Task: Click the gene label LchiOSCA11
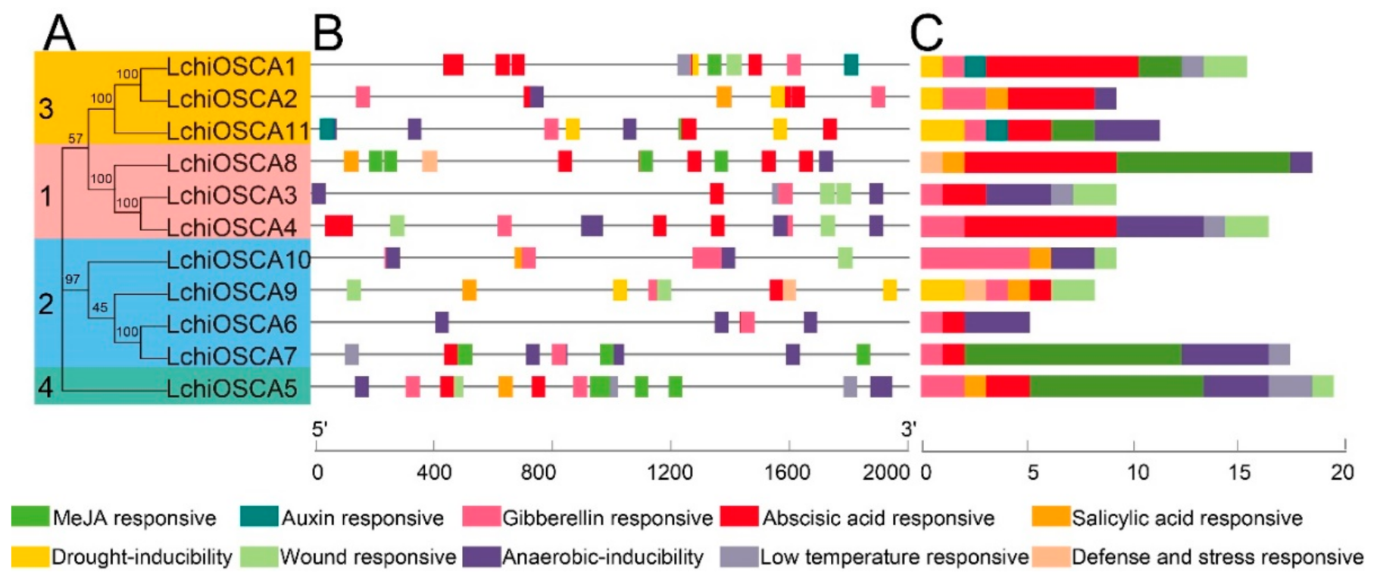click(239, 131)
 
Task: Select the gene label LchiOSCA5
click(231, 388)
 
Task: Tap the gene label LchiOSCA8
click(231, 163)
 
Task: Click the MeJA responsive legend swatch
click(30, 517)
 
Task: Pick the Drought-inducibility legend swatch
click(30, 556)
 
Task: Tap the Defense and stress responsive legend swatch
click(1051, 556)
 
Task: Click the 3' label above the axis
click(908, 429)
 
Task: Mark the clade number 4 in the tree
click(45, 387)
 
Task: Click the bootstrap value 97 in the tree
click(72, 279)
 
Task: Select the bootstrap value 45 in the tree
click(99, 307)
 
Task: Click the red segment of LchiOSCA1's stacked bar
click(1062, 67)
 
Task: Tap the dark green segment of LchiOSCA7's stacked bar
click(1073, 355)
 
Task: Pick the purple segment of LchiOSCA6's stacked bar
click(997, 322)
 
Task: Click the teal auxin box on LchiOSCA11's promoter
click(328, 130)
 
